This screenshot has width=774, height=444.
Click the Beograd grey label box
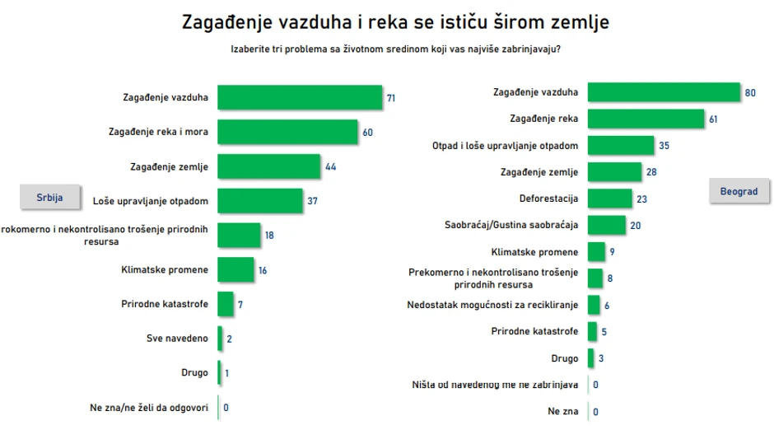[x=739, y=191]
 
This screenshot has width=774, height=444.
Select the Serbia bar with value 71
[x=300, y=98]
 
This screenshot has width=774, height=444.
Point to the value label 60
[x=367, y=133]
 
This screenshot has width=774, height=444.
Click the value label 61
[x=713, y=119]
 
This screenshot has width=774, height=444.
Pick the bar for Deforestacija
[x=610, y=199]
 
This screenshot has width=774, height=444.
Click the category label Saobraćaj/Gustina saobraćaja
[x=511, y=225]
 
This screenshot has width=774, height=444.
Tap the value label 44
[x=330, y=167]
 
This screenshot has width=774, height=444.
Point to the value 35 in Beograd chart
[x=664, y=146]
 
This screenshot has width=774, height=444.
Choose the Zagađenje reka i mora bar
[x=287, y=133]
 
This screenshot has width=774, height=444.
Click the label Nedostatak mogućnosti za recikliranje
[x=492, y=305]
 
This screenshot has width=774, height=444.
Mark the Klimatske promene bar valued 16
[x=235, y=269]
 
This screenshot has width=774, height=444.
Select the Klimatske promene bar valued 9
[x=596, y=251]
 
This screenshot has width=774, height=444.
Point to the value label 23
[x=641, y=199]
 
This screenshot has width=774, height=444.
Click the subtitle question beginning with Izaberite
[x=396, y=49]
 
